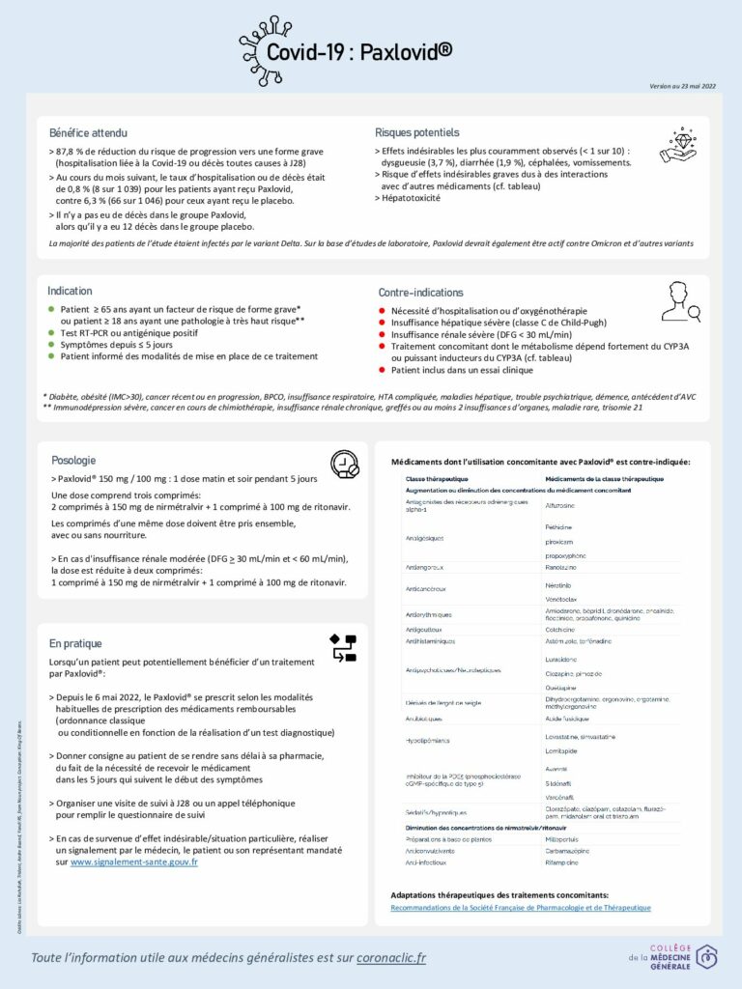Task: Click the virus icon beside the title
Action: (x=267, y=40)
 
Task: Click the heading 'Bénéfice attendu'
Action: (x=88, y=132)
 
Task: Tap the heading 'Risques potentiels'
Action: (x=416, y=132)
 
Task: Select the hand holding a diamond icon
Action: (x=678, y=144)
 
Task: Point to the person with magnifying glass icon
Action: (x=680, y=302)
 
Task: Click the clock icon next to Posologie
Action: (x=344, y=465)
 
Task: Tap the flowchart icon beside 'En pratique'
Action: (x=343, y=647)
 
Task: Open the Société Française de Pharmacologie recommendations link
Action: (x=521, y=908)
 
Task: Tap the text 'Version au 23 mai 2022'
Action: (x=683, y=87)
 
